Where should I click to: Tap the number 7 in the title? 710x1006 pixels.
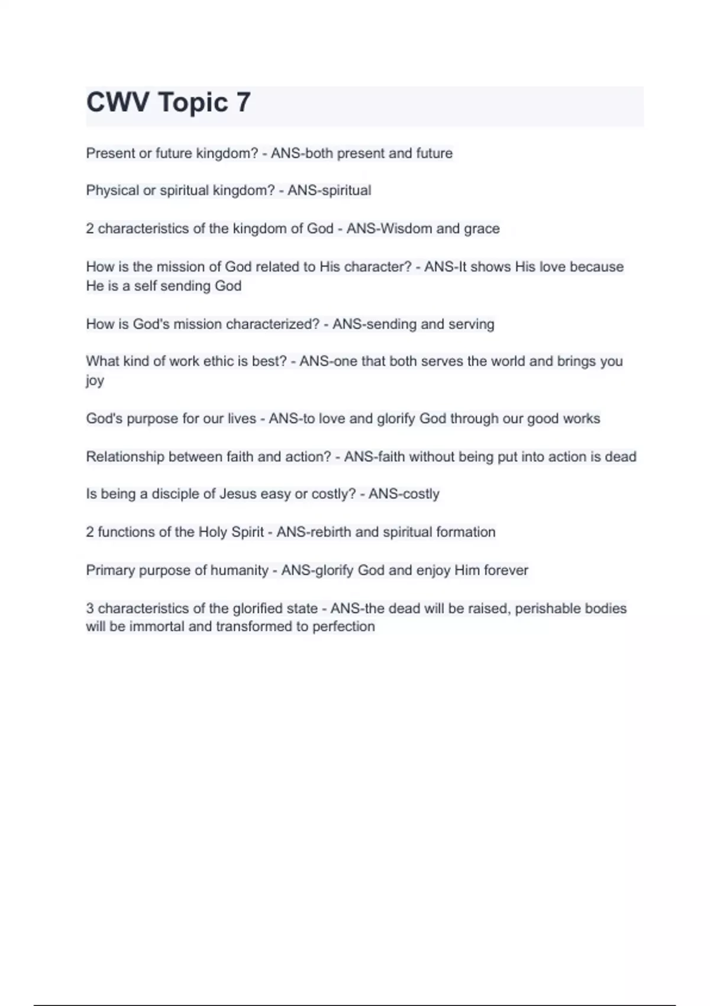[243, 102]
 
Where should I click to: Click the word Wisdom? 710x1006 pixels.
[405, 228]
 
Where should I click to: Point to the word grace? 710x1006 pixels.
[482, 228]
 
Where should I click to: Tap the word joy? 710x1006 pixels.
[95, 381]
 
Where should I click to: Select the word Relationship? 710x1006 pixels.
[125, 457]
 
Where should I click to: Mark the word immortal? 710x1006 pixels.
[157, 627]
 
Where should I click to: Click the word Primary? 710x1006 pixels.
[110, 570]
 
